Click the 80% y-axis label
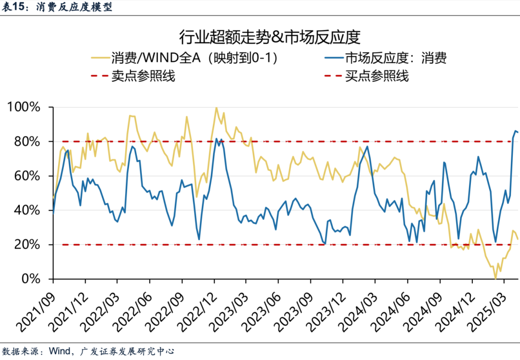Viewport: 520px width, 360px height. (x=29, y=142)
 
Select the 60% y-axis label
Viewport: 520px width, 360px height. (x=29, y=176)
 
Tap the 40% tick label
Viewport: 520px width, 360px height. (x=29, y=211)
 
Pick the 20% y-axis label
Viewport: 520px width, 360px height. (x=29, y=245)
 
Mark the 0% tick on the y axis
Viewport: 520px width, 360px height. (x=34, y=279)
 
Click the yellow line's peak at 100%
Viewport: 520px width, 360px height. (x=216, y=107)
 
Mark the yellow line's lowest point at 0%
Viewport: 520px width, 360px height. (x=495, y=279)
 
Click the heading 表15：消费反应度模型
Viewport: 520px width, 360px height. (x=57, y=7)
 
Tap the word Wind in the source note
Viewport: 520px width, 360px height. (x=58, y=351)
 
